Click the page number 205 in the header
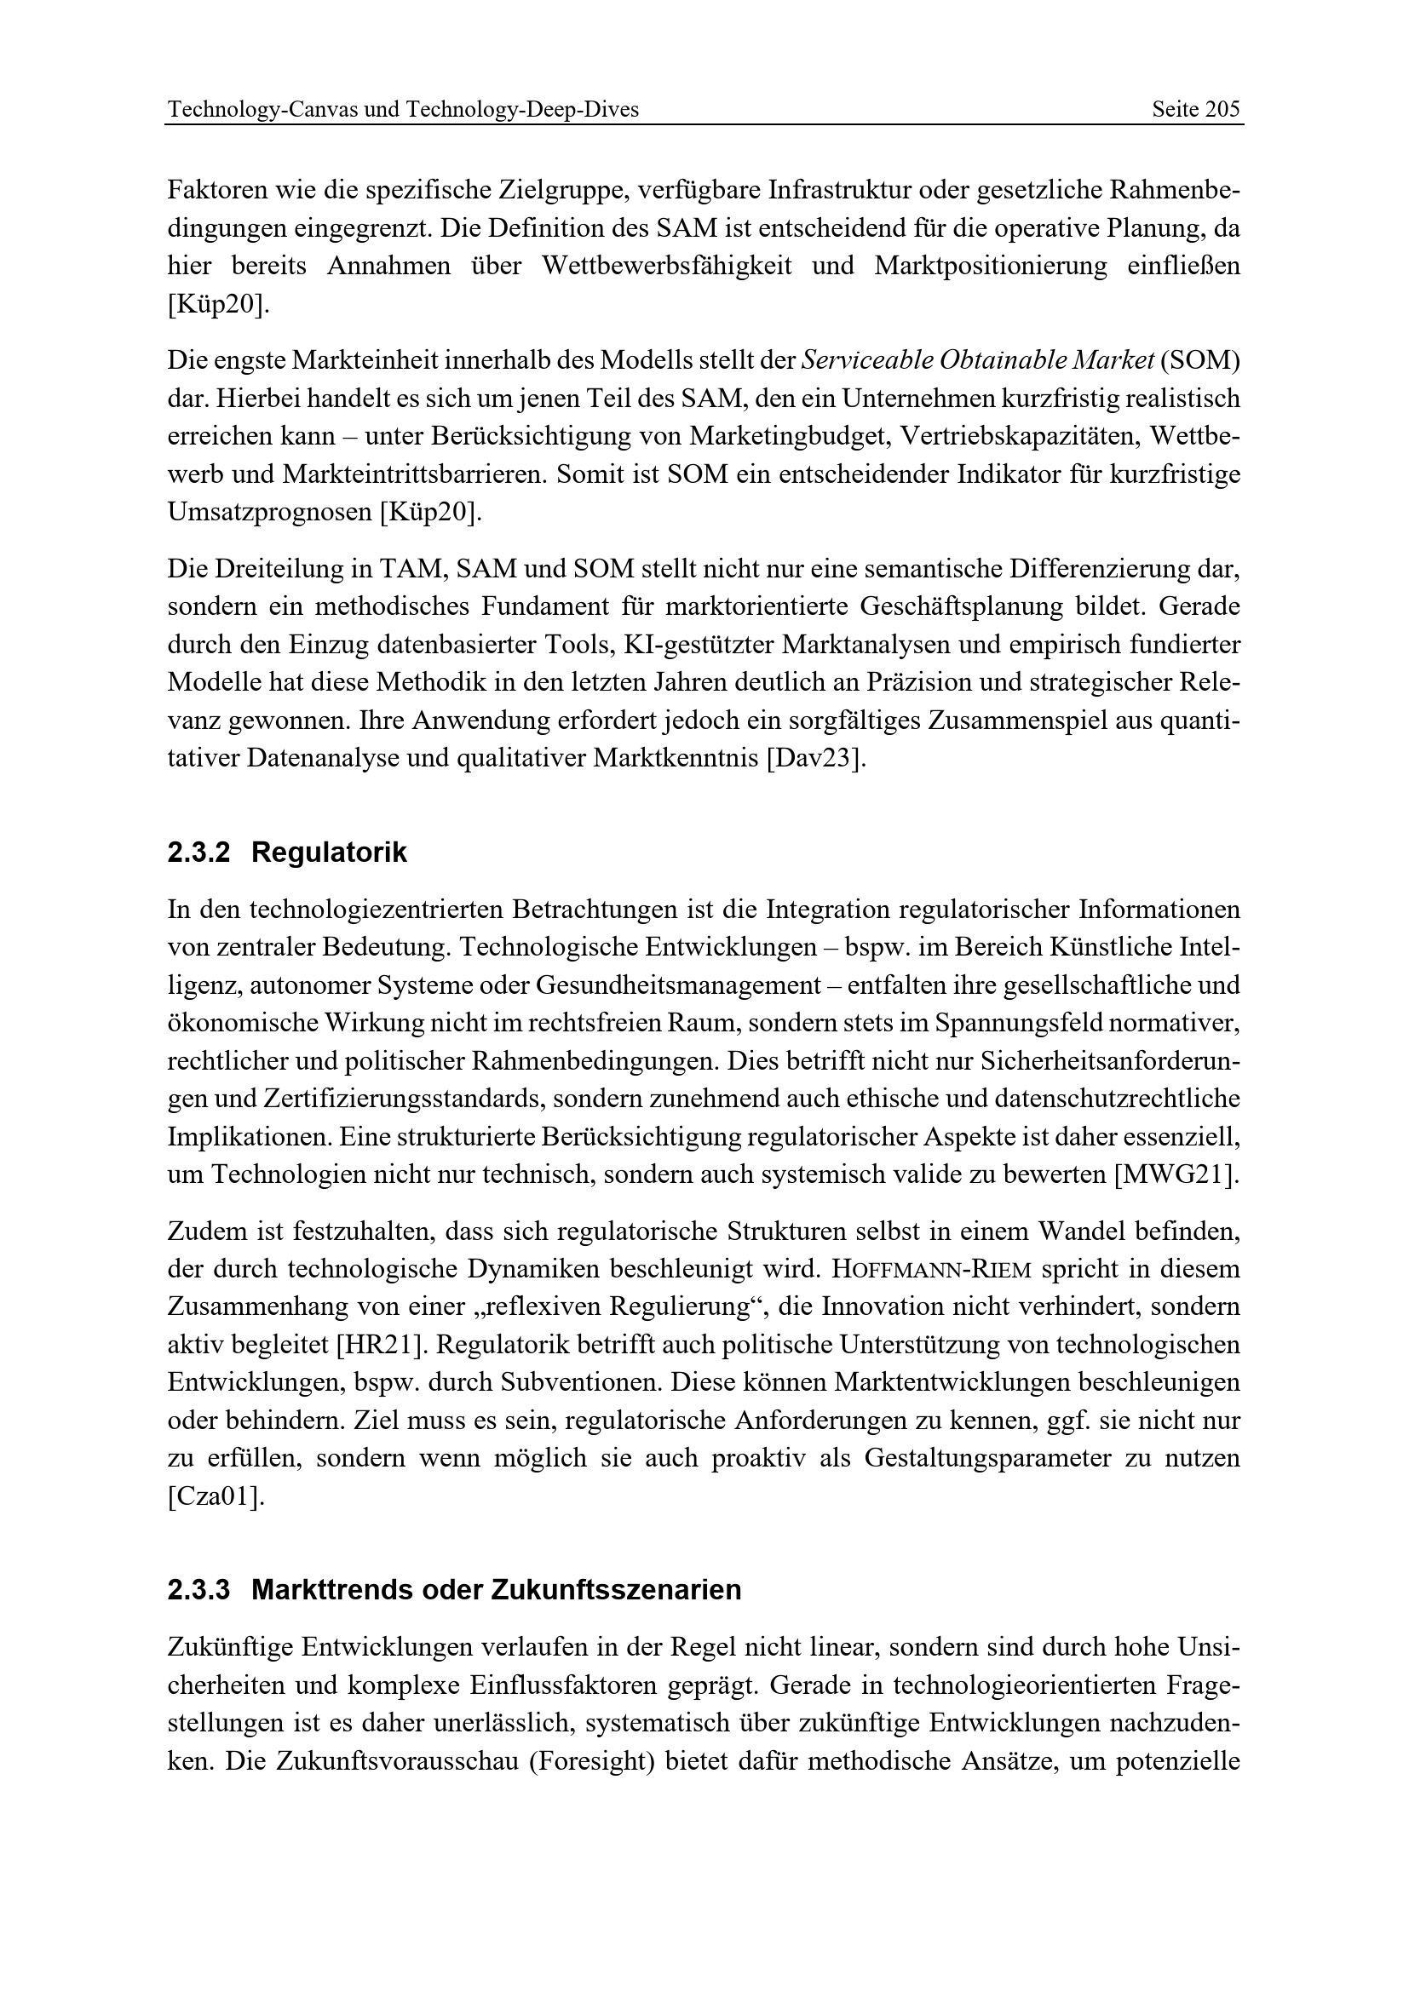[x=1222, y=109]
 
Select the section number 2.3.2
[x=198, y=852]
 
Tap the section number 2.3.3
[x=198, y=1589]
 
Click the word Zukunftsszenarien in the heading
[x=616, y=1589]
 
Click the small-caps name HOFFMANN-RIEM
[x=932, y=1269]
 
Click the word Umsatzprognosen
[x=270, y=512]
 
